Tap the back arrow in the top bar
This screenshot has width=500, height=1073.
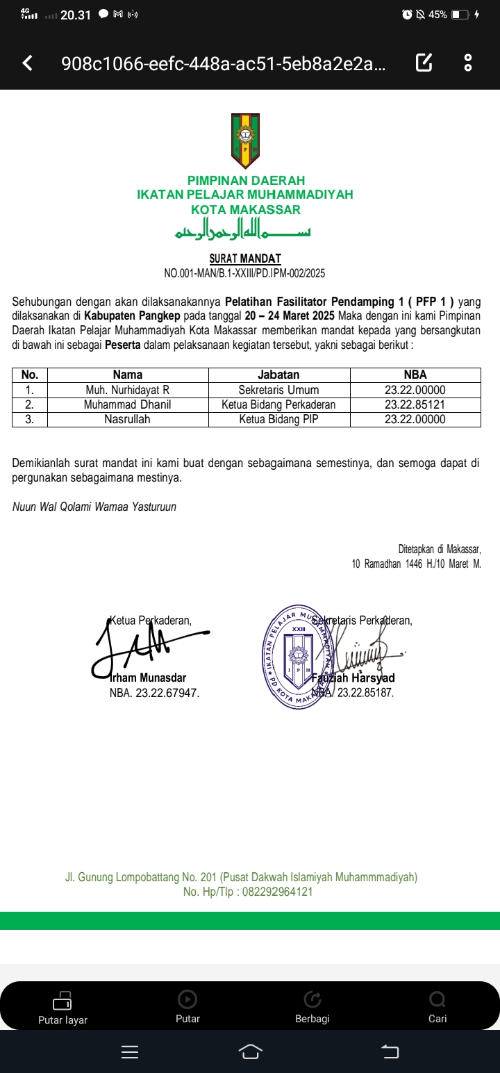pos(28,63)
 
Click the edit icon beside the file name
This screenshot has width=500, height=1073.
pos(424,63)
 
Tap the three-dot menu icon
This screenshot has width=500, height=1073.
pos(468,63)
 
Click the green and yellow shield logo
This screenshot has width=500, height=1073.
pos(245,141)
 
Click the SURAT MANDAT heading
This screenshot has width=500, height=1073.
pos(245,259)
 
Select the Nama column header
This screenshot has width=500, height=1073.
pos(127,375)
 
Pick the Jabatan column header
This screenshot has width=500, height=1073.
pos(278,375)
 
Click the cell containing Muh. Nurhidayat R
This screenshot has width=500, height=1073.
pos(127,390)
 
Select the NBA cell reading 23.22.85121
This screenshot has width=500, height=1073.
pos(415,404)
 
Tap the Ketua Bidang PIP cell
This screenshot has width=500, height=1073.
pos(278,419)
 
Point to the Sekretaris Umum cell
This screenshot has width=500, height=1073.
pos(278,390)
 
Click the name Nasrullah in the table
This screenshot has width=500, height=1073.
pos(127,419)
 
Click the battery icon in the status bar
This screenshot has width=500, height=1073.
pos(460,15)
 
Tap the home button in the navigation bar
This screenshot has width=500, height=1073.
pos(251,1052)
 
